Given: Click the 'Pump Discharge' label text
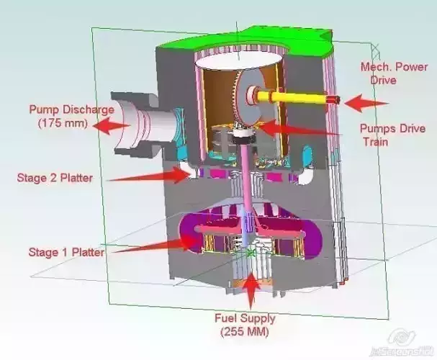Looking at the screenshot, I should click(x=71, y=109).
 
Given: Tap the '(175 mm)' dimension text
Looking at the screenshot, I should click(x=62, y=123).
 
